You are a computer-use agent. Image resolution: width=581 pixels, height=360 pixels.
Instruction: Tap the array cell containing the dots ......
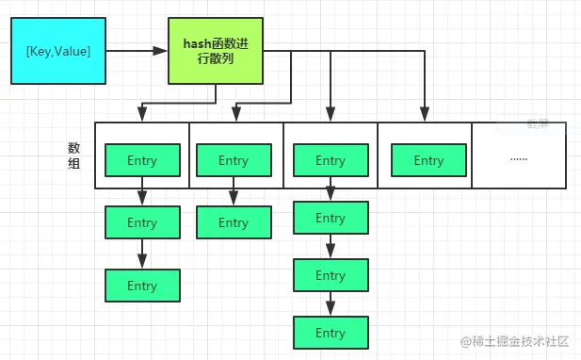pos(518,155)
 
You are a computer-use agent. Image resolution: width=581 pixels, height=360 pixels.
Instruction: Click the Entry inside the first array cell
pos(142,160)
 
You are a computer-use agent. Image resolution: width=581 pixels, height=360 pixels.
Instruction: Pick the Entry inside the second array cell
pos(234,160)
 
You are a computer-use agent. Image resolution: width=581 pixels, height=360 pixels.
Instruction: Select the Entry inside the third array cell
pos(331,160)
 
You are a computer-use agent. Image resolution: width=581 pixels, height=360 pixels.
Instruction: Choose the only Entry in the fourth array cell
pos(428,160)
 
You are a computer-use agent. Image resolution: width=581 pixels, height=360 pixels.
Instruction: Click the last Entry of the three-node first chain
pos(142,286)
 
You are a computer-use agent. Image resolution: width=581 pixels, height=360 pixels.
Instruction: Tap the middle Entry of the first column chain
pos(142,223)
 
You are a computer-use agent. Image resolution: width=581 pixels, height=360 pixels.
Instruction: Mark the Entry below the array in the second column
pos(234,223)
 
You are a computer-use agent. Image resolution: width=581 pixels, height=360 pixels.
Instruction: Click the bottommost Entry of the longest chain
pos(331,333)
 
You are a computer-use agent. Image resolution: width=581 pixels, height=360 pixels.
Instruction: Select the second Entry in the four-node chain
pos(331,218)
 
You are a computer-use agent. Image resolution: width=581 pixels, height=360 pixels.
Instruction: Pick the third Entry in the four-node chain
pos(331,275)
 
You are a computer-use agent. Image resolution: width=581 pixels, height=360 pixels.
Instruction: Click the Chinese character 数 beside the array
pos(73,148)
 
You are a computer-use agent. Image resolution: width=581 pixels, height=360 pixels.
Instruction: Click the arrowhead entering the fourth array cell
pos(426,116)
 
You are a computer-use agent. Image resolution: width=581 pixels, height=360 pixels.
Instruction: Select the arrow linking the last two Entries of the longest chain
pos(331,303)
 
